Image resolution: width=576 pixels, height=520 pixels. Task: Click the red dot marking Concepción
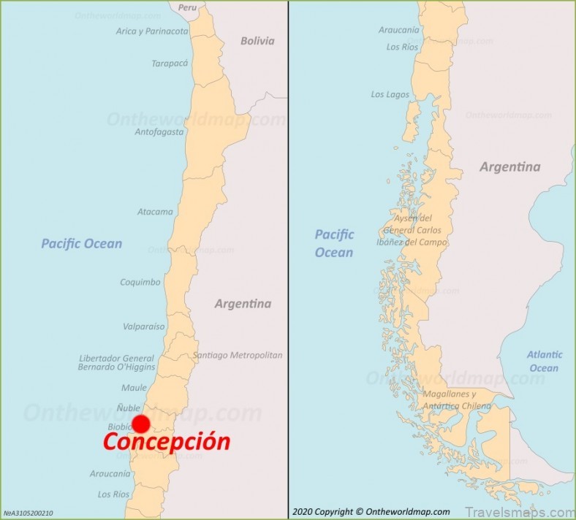coord(141,424)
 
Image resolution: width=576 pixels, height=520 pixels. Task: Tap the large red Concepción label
coord(166,442)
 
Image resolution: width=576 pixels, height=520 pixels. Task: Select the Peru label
coord(188,8)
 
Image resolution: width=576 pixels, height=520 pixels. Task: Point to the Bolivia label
coord(257,41)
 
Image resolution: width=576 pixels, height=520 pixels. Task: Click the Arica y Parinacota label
coord(152,31)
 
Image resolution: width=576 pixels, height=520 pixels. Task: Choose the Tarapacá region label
coord(170,64)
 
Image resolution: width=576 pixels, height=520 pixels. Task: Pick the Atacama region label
coord(155,212)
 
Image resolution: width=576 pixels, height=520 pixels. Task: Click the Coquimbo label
coord(140,282)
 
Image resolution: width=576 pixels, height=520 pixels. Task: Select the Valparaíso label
coord(144,326)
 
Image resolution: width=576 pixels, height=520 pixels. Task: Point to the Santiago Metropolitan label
coord(238,355)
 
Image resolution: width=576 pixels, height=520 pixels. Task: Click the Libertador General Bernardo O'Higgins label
coord(116,363)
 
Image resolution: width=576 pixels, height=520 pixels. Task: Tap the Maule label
coord(134,388)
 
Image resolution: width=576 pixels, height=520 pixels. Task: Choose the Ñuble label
coord(129,408)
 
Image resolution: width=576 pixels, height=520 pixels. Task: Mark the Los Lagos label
coord(390,94)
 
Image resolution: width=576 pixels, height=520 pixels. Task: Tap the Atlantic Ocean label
coord(545,361)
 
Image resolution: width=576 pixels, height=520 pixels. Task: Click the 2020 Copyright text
coord(371,512)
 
